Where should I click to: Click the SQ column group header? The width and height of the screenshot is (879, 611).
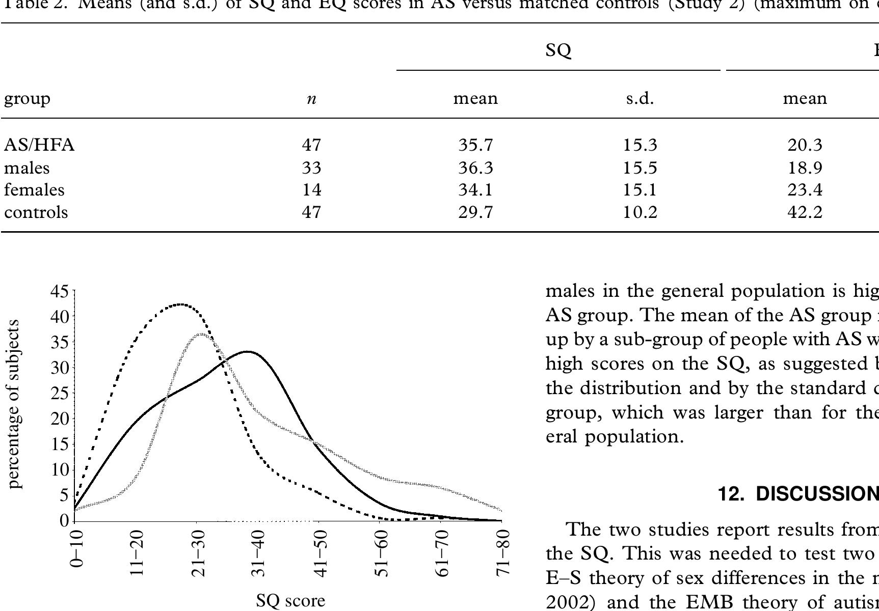tap(558, 50)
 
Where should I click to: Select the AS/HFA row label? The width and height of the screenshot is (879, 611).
tap(39, 146)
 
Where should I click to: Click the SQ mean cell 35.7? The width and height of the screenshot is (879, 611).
tap(475, 146)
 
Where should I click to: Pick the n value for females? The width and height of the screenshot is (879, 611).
tap(311, 190)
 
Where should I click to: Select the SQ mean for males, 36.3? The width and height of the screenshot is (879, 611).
tap(475, 168)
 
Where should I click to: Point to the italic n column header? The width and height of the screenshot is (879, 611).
tap(311, 99)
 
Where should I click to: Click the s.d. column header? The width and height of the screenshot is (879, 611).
tap(640, 98)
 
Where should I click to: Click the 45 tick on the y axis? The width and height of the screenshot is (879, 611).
tap(59, 292)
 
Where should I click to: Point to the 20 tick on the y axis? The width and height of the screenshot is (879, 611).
tap(59, 419)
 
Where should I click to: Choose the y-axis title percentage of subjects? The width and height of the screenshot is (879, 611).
tap(15, 404)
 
